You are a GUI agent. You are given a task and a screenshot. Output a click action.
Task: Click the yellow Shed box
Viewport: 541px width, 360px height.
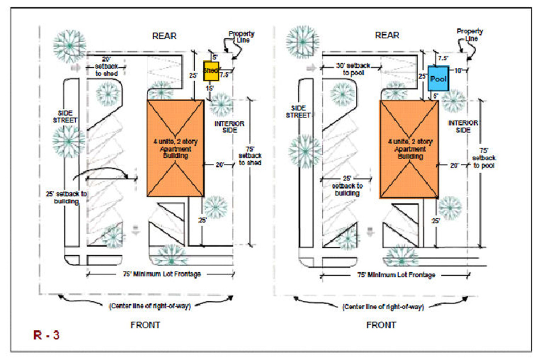point(211,70)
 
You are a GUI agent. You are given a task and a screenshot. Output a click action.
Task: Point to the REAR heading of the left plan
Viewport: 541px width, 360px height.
point(164,36)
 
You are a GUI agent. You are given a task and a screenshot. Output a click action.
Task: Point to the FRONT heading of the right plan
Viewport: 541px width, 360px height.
point(381,325)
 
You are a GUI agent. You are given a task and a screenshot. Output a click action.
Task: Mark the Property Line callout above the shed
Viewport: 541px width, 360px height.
point(241,38)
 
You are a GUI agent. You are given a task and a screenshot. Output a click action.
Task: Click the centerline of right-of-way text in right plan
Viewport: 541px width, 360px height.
point(382,306)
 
